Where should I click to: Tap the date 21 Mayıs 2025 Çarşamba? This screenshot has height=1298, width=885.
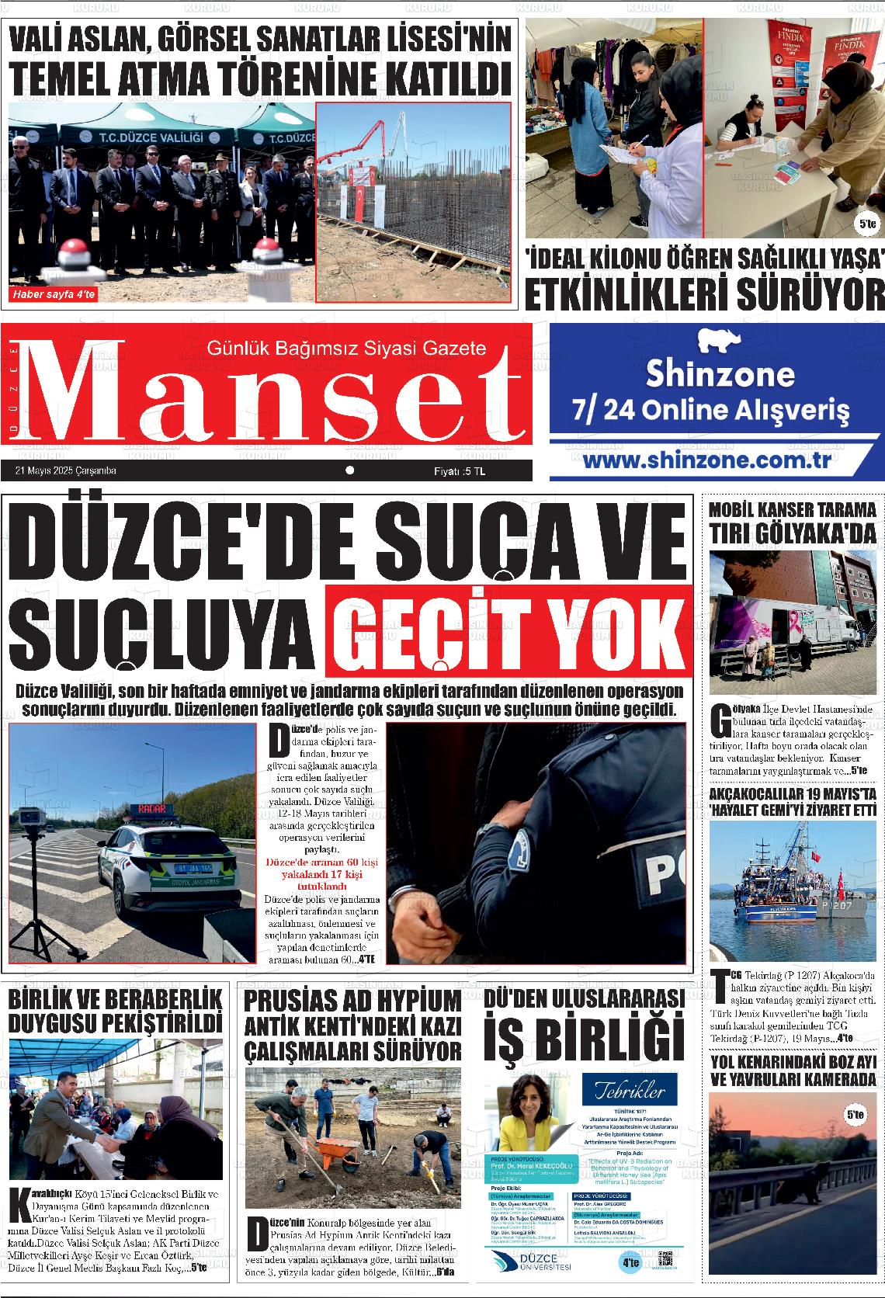65,470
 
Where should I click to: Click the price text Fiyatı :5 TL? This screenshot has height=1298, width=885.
460,470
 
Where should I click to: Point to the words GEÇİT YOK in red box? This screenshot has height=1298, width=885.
508,631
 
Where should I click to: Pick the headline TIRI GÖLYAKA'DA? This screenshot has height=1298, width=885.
792,533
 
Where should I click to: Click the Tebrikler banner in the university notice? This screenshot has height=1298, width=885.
629,1091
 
